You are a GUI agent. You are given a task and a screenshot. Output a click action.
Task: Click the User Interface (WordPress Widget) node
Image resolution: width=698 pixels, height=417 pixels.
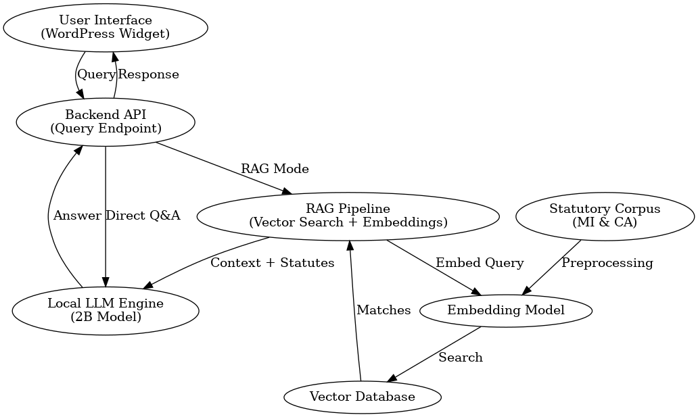(x=106, y=27)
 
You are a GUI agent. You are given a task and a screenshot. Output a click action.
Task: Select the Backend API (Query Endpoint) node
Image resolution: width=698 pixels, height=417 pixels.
(x=106, y=122)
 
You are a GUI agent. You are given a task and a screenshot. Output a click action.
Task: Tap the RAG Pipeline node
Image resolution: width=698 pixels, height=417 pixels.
(x=348, y=215)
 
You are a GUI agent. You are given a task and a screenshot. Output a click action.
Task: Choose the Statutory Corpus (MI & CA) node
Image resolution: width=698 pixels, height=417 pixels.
(x=605, y=216)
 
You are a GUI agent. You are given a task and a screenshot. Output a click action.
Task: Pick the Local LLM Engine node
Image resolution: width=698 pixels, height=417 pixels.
(x=106, y=310)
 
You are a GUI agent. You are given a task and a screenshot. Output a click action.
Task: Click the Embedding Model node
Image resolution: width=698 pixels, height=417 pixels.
(x=506, y=310)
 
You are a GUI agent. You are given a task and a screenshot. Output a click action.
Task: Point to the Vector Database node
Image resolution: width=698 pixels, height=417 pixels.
(x=362, y=397)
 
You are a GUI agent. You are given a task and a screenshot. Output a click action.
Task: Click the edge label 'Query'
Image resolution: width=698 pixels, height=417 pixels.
(x=97, y=74)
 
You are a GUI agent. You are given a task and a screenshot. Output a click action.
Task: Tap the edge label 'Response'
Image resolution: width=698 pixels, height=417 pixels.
(x=149, y=74)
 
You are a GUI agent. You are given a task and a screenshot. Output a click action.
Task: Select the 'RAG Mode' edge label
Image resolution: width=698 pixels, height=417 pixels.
(x=275, y=168)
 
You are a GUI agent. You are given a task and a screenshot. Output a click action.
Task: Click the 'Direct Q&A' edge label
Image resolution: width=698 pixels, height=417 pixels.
(x=143, y=216)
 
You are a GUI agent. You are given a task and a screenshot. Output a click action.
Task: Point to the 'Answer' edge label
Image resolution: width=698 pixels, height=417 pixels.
(x=77, y=216)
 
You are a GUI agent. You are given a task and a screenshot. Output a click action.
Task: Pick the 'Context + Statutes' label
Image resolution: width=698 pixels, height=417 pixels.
(x=272, y=262)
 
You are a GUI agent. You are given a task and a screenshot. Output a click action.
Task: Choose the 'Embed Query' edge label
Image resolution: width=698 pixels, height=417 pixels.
(x=480, y=262)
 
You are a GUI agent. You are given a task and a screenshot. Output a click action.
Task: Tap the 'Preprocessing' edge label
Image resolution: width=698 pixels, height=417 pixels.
(x=607, y=262)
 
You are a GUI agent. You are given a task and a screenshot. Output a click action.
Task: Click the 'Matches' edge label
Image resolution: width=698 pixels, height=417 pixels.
(x=383, y=310)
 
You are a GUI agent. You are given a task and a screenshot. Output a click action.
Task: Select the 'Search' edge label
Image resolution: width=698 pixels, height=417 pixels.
(x=461, y=357)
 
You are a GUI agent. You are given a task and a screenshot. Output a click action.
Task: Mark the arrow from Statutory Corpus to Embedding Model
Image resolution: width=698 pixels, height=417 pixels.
(x=551, y=268)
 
